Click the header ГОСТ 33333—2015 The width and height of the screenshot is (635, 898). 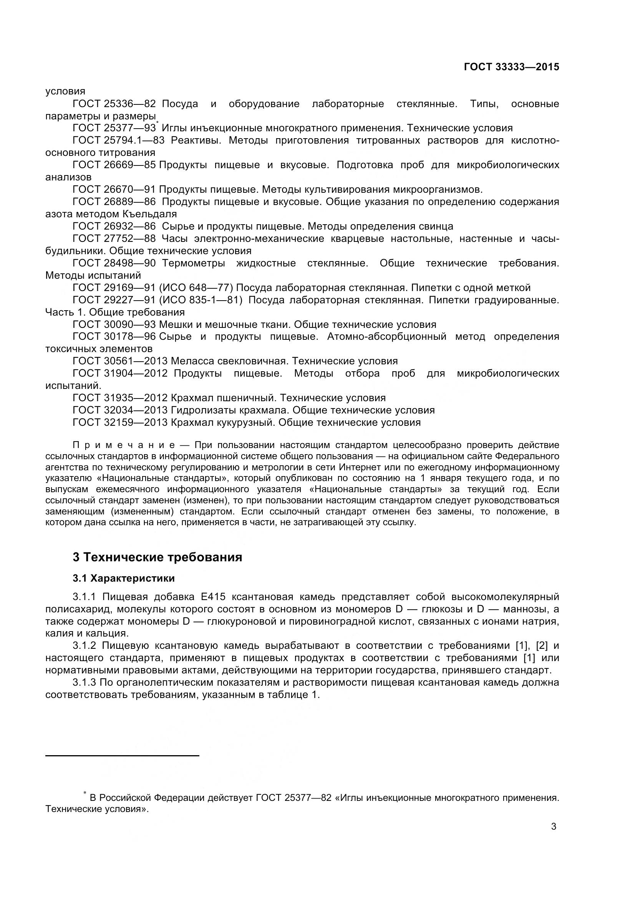[511, 67]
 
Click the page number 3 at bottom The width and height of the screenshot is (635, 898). [553, 827]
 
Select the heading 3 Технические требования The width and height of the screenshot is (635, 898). [157, 557]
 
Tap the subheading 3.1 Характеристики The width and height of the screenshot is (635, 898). [124, 578]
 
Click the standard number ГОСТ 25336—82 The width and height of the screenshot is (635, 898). [114, 104]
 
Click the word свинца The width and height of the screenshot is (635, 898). [436, 226]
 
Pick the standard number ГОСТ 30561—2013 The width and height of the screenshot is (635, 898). [120, 361]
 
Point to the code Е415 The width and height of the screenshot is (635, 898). [213, 597]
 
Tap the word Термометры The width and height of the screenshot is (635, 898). [193, 263]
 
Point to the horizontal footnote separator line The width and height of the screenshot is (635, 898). [122, 756]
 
